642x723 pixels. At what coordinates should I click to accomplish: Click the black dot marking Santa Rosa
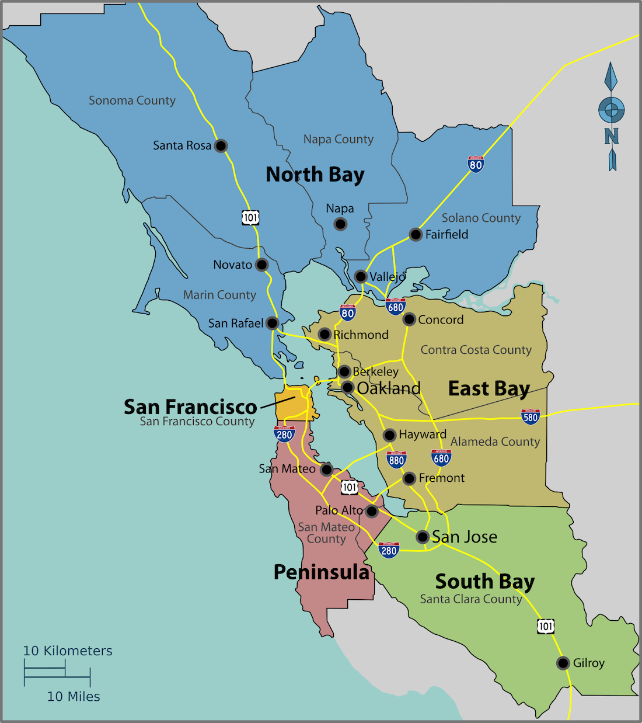(221, 145)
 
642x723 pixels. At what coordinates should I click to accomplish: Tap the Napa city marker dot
(340, 224)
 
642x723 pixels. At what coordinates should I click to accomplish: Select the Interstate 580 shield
(530, 416)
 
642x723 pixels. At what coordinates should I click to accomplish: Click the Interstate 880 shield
(396, 460)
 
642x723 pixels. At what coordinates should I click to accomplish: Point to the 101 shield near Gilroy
(546, 626)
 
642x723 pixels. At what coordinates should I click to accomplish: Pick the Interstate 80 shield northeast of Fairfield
(476, 164)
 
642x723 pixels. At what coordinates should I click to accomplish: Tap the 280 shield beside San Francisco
(284, 434)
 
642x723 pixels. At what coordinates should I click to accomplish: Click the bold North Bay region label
(315, 175)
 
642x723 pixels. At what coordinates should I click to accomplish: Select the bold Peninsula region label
(322, 572)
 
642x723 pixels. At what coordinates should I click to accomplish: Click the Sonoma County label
(132, 100)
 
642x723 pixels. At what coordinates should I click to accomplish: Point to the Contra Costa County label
(476, 350)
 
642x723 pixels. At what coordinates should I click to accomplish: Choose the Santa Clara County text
(470, 599)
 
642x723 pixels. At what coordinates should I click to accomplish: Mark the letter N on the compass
(611, 136)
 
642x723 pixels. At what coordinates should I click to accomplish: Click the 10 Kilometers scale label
(68, 651)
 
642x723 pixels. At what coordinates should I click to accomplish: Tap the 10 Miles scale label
(74, 697)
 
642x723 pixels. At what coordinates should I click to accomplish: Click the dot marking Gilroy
(563, 663)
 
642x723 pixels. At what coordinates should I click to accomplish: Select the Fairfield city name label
(446, 235)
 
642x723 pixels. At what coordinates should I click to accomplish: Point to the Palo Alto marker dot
(372, 512)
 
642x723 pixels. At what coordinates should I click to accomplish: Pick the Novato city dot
(262, 265)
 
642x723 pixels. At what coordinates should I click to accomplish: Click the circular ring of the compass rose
(611, 110)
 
